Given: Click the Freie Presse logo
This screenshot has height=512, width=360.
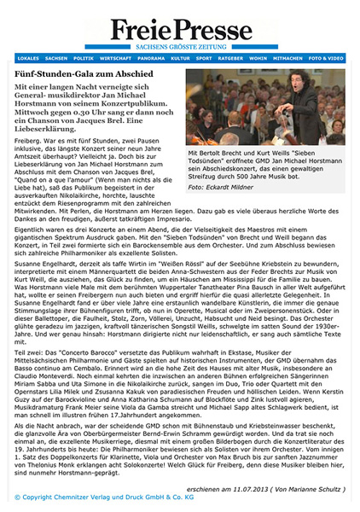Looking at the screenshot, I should (x=180, y=26).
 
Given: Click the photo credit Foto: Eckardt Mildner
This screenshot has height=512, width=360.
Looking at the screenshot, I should (x=220, y=186).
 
